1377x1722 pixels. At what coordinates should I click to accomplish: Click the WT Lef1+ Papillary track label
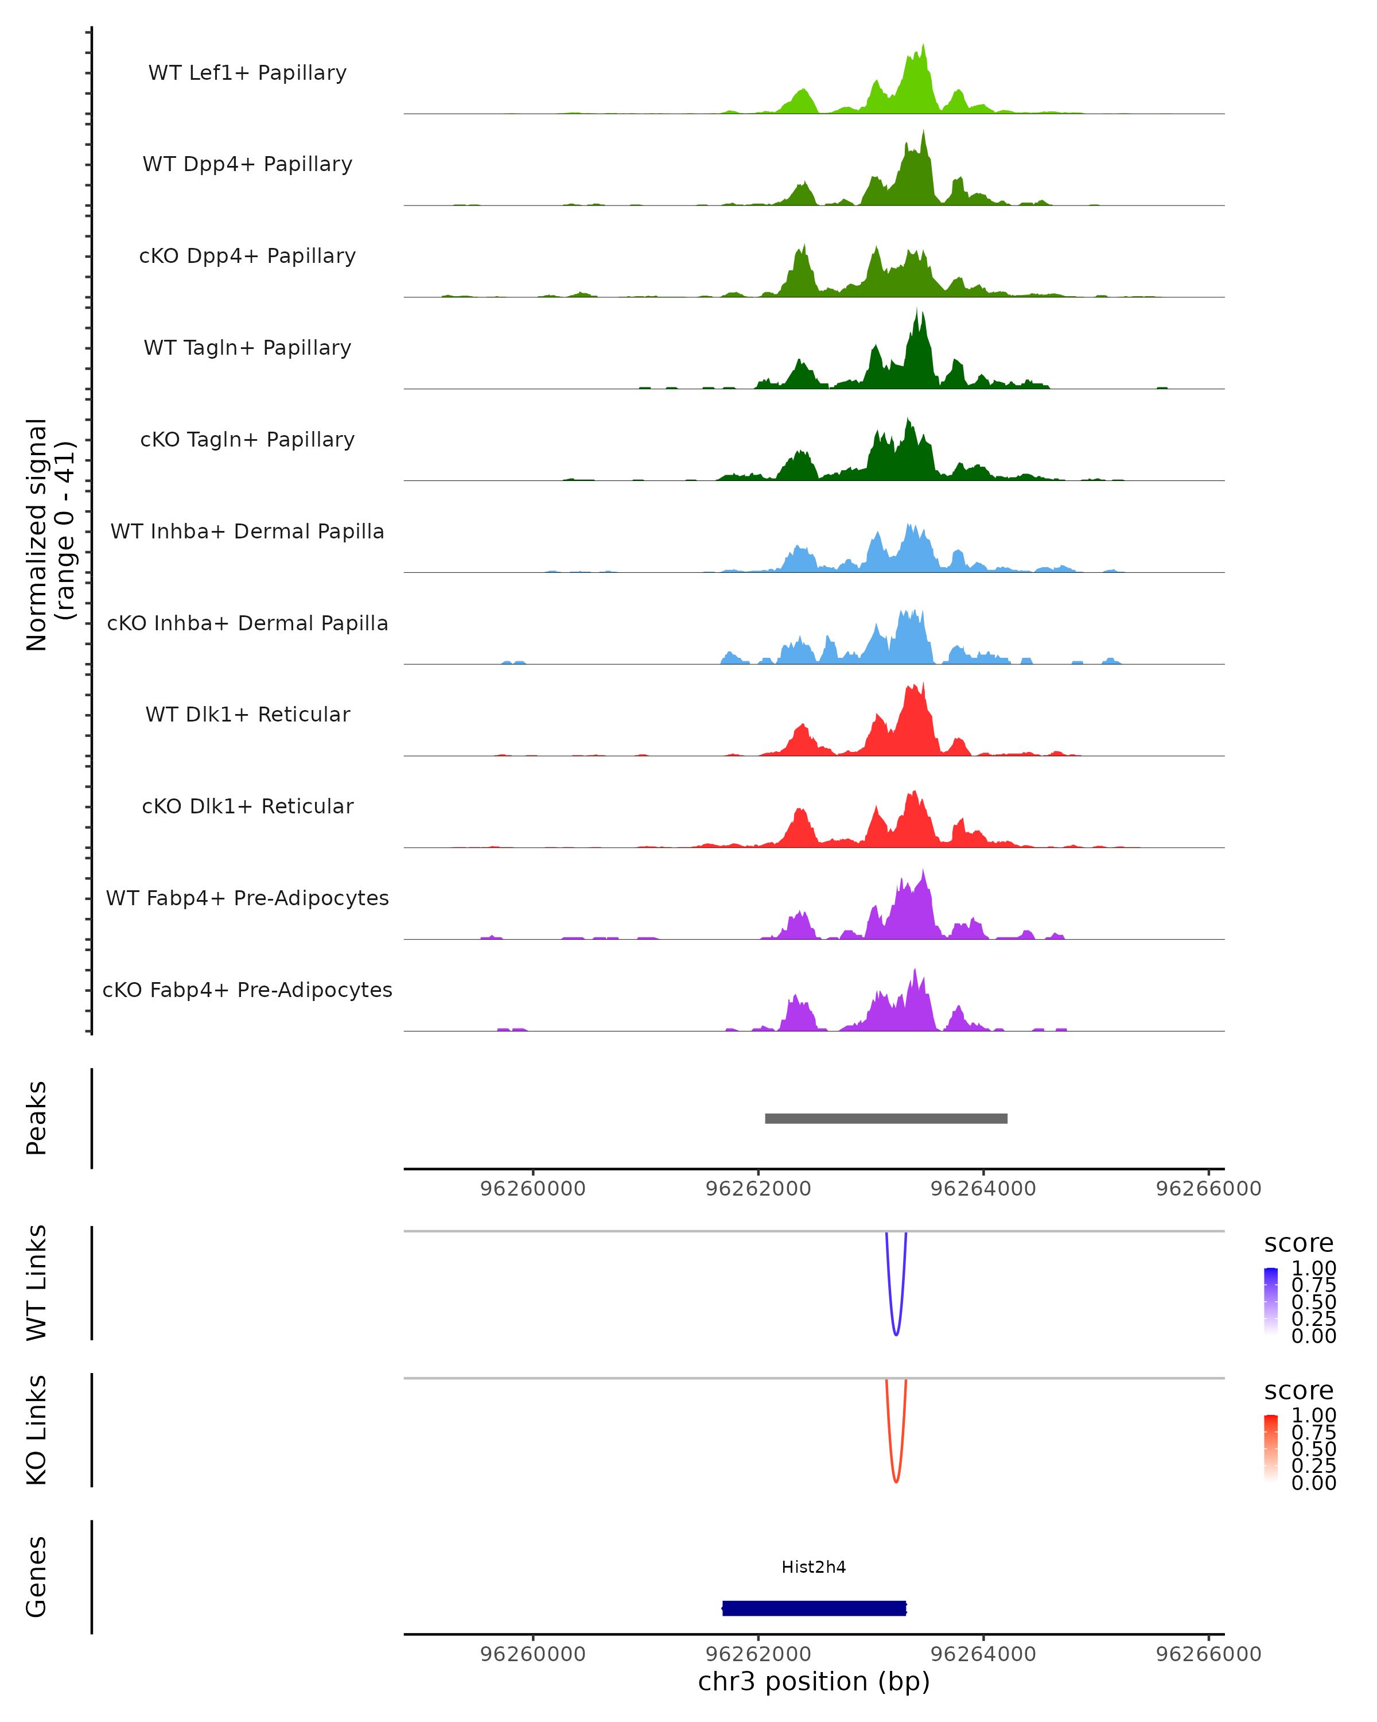247,73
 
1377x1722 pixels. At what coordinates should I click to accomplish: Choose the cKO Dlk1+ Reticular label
247,806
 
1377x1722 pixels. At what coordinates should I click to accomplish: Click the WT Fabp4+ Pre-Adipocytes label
247,898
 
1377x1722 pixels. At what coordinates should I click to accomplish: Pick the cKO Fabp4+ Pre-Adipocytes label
247,990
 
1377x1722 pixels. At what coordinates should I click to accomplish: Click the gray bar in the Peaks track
886,1118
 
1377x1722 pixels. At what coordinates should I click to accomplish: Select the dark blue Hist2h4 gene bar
814,1608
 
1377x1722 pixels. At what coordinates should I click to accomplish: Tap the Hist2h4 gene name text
814,1567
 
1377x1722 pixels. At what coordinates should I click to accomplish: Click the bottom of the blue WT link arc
896,1334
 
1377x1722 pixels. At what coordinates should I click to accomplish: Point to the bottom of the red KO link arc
896,1481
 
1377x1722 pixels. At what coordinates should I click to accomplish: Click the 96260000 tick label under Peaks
532,1189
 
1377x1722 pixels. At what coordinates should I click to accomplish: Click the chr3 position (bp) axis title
814,1682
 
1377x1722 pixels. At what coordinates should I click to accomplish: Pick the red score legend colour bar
1271,1448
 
